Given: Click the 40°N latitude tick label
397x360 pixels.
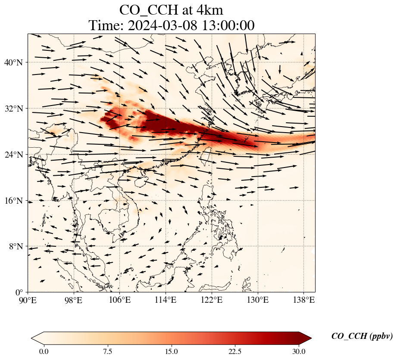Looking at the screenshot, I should pyautogui.click(x=16, y=62).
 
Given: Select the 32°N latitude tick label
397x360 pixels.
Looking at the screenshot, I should pyautogui.click(x=16, y=109).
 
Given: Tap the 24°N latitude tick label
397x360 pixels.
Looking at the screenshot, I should pyautogui.click(x=16, y=155).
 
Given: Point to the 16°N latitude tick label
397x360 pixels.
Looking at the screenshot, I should pyautogui.click(x=16, y=201).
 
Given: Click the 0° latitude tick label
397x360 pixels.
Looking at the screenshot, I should pyautogui.click(x=20, y=292).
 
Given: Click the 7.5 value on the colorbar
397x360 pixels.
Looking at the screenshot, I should pyautogui.click(x=107, y=351).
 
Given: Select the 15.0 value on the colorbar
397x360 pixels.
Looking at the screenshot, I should pyautogui.click(x=171, y=351).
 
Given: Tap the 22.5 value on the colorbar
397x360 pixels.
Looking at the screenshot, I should pyautogui.click(x=235, y=351).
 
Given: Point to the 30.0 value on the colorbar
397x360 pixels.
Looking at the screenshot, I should pyautogui.click(x=299, y=351).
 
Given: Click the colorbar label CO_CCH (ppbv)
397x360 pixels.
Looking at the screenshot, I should pyautogui.click(x=362, y=336).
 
